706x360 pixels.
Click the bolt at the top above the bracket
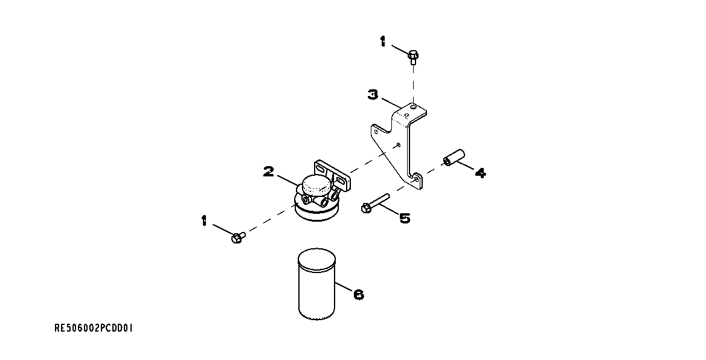[x=413, y=57]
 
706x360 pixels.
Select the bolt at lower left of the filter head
[x=237, y=238]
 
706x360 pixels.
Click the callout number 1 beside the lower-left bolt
[x=204, y=220]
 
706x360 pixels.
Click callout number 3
[x=374, y=94]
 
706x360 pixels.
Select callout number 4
[x=480, y=173]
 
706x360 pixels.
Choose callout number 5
[x=404, y=217]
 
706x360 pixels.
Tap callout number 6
[x=358, y=294]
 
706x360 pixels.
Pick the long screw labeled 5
[x=377, y=202]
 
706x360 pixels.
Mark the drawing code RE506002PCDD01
[x=94, y=329]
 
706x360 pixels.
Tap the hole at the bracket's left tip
[x=376, y=129]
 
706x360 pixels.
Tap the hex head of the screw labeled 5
[x=365, y=208]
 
